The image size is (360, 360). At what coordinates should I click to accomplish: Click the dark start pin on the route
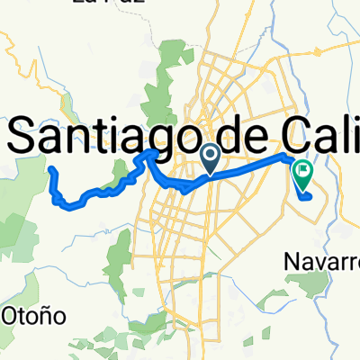[210, 158]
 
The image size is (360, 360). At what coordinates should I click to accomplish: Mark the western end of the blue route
[52, 169]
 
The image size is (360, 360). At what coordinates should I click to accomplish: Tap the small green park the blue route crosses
[120, 175]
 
